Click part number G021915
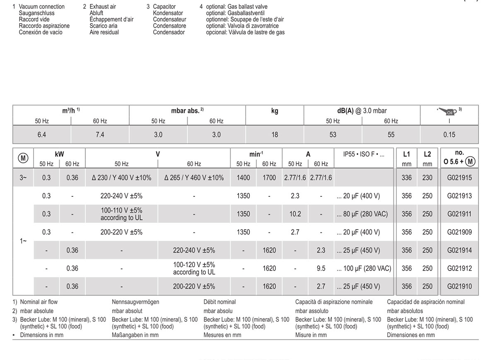click(459, 178)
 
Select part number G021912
click(459, 268)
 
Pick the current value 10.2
click(295, 214)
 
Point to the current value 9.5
click(321, 268)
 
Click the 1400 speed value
click(243, 178)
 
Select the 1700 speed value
click(269, 178)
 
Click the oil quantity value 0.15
click(449, 135)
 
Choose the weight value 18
click(275, 135)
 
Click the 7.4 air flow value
click(100, 135)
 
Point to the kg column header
click(275, 111)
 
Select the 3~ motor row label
click(23, 178)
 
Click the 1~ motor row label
click(23, 241)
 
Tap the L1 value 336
click(407, 178)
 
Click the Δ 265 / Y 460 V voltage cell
click(194, 178)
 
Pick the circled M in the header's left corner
click(23, 158)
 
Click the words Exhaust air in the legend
click(103, 7)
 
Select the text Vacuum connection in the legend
click(42, 7)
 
